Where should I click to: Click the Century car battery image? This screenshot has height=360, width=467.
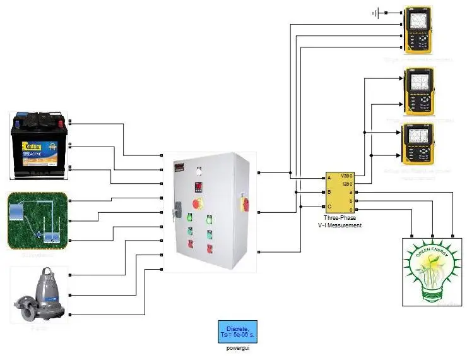click(x=38, y=146)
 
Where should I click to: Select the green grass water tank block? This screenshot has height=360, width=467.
click(x=37, y=220)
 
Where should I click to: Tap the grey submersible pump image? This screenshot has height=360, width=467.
click(x=38, y=295)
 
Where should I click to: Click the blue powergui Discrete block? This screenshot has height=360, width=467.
click(x=238, y=331)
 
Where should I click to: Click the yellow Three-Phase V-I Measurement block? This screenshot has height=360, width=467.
click(x=340, y=191)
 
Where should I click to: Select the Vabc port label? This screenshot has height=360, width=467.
click(x=346, y=176)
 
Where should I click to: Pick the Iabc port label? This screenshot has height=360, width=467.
click(x=347, y=183)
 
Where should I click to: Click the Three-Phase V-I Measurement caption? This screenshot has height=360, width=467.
click(x=340, y=221)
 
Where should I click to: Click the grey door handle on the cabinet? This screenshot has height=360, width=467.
click(x=177, y=206)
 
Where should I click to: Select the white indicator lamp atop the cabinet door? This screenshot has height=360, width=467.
click(x=199, y=170)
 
